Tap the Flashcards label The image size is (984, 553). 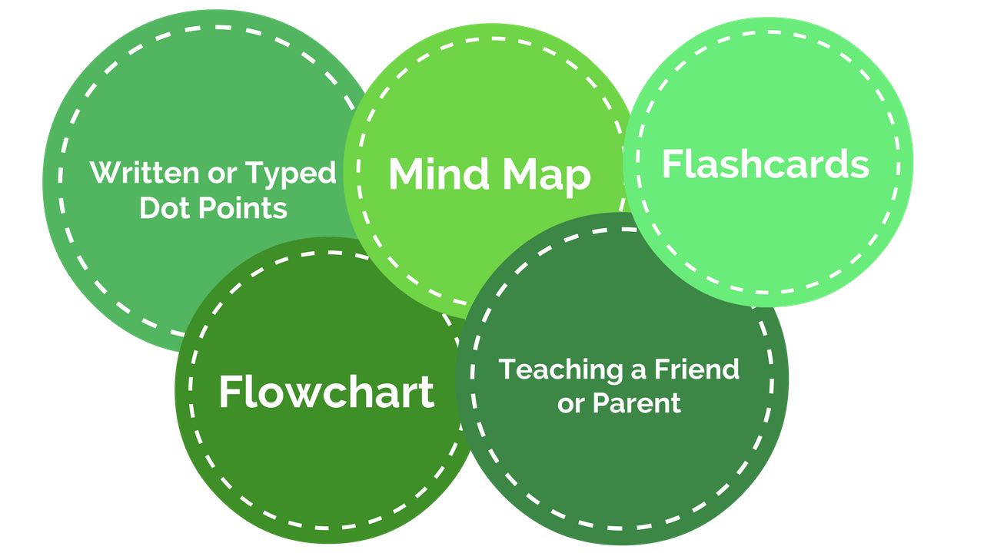765,164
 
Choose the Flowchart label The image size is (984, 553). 326,392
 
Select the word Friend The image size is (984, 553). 696,369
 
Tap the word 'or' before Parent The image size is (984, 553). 570,404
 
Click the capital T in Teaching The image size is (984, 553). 507,369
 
